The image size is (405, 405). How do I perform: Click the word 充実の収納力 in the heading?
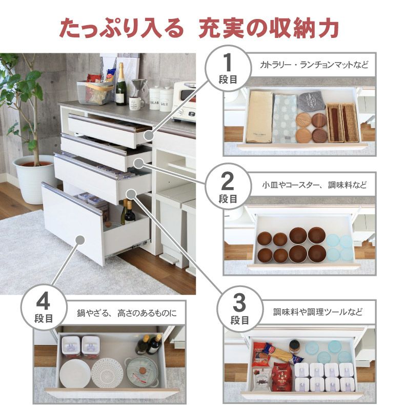pos(269,29)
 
